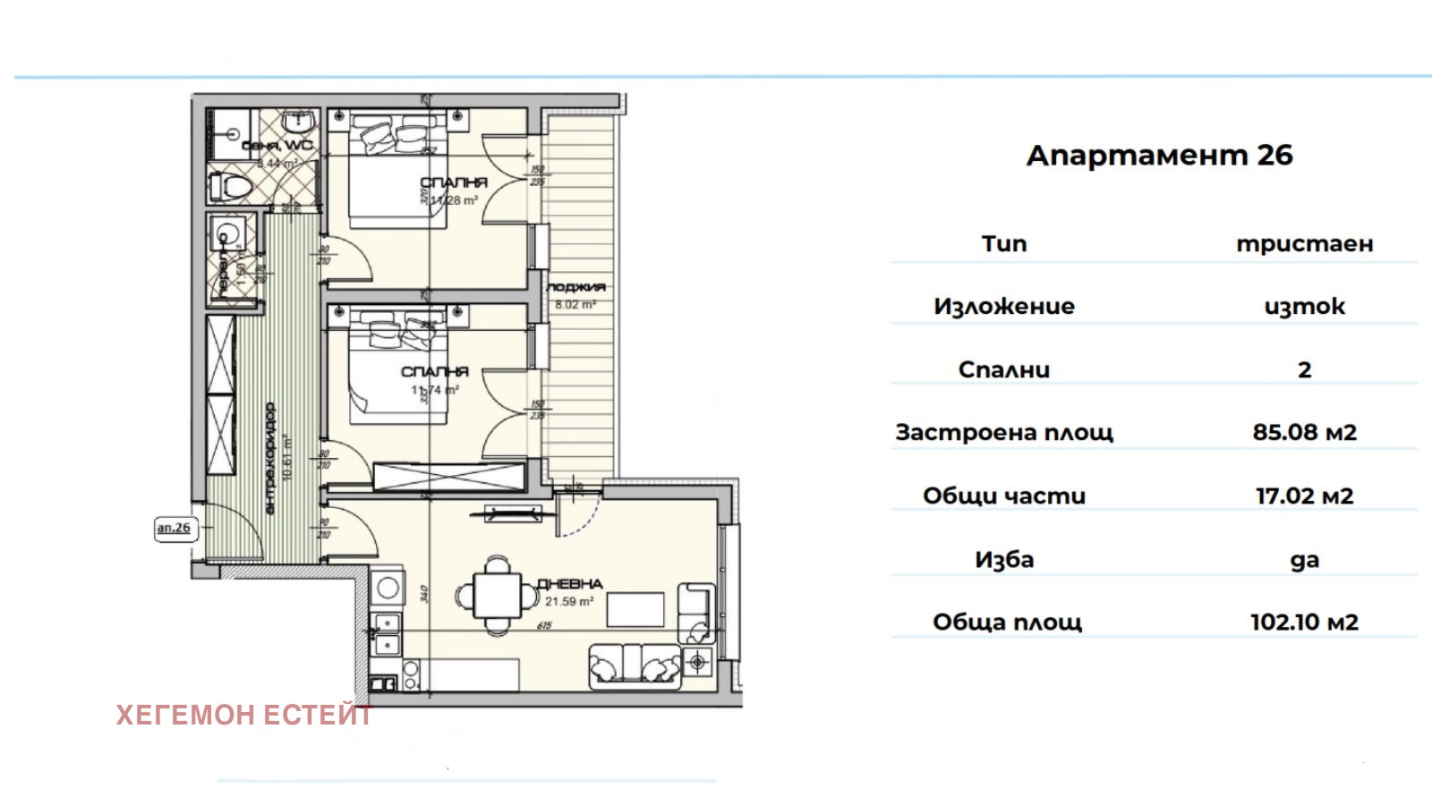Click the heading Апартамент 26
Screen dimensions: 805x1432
pos(1159,156)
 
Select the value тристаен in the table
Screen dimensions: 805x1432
pos(1304,244)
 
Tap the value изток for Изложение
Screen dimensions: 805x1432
pos(1304,307)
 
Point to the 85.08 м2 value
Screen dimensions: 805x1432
pos(1304,433)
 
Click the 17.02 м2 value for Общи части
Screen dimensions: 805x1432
pos(1304,496)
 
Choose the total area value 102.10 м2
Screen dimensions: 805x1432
pos(1304,623)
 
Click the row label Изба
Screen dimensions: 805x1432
pos(1004,560)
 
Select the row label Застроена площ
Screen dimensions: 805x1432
pos(1004,433)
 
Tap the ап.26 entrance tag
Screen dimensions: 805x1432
pos(174,528)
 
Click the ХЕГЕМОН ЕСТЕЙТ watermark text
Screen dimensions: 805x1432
pos(243,716)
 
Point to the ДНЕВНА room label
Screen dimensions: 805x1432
pos(570,584)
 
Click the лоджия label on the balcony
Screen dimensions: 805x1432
pos(575,287)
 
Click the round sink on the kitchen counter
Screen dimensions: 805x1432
pos(388,588)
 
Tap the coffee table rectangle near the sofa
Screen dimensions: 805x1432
pos(635,609)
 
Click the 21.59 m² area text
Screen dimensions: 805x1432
pos(569,602)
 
